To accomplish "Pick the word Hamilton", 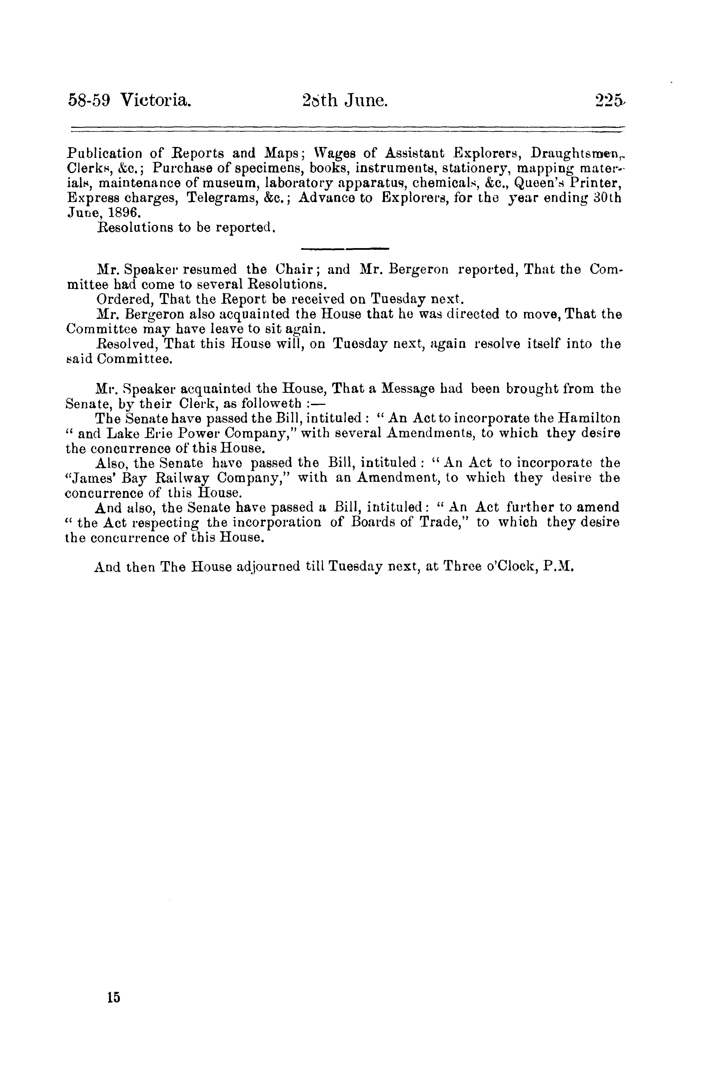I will point(589,418).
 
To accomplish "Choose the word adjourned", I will point(267,567).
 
